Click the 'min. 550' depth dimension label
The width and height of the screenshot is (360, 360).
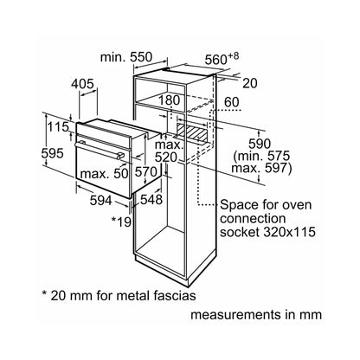pyautogui.click(x=125, y=57)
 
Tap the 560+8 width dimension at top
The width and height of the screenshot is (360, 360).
pyautogui.click(x=222, y=59)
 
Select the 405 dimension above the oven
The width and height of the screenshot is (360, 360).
pyautogui.click(x=82, y=84)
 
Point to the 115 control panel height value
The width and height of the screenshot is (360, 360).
pyautogui.click(x=58, y=126)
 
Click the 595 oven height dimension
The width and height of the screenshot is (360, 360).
pyautogui.click(x=52, y=153)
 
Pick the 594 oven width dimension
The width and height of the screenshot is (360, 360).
pyautogui.click(x=100, y=200)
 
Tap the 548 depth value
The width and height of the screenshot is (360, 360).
pyautogui.click(x=151, y=199)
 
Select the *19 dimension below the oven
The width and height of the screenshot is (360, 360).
pyautogui.click(x=121, y=222)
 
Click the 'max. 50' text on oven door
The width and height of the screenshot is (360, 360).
pyautogui.click(x=104, y=174)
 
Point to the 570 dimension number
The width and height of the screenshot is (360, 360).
pyautogui.click(x=146, y=172)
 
